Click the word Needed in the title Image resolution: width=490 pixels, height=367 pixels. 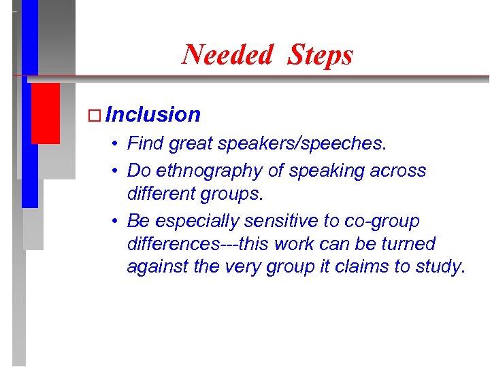coord(227,54)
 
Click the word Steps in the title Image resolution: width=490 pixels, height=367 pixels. coord(320,54)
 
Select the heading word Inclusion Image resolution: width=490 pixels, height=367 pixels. coord(153,115)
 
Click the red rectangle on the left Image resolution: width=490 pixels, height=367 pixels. coord(46,113)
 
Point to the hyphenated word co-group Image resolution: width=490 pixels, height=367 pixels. coord(390,222)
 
